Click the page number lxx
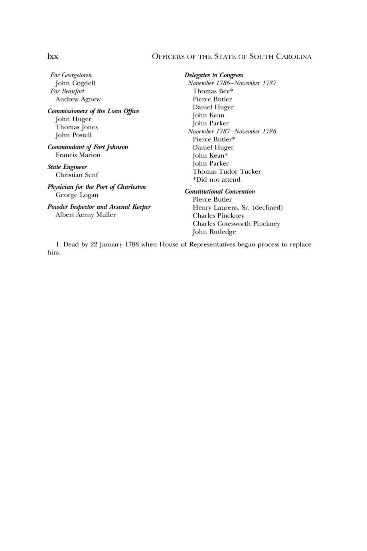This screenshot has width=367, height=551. [x=53, y=57]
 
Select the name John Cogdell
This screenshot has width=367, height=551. [x=75, y=83]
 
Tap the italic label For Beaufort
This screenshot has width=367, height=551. [x=67, y=91]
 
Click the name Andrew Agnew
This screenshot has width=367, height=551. [x=78, y=99]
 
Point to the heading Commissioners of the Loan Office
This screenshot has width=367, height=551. [x=93, y=111]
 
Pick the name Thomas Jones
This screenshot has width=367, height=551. [x=77, y=127]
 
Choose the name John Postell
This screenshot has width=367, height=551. [x=73, y=135]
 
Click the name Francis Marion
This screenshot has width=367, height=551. [x=78, y=155]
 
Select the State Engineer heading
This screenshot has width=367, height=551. [x=67, y=167]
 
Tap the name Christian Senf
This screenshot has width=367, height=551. [x=77, y=175]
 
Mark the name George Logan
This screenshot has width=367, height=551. [x=77, y=195]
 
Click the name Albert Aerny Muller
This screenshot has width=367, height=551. [x=86, y=215]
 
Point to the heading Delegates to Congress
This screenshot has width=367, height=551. [x=214, y=75]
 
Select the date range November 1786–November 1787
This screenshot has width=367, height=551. [x=232, y=83]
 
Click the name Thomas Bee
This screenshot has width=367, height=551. [x=211, y=91]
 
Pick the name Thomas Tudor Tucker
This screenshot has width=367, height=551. [x=227, y=172]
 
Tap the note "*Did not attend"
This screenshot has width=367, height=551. [x=217, y=180]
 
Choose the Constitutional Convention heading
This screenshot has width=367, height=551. [x=220, y=192]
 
